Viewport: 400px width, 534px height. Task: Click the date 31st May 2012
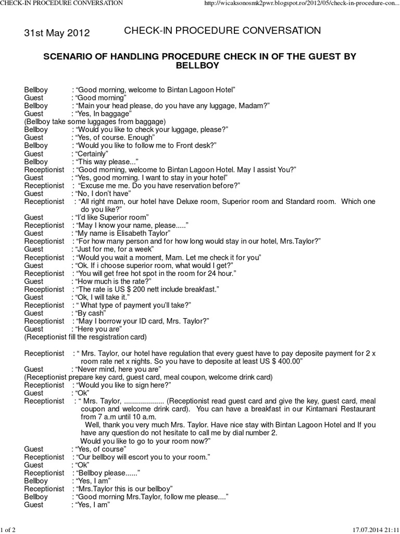(57, 33)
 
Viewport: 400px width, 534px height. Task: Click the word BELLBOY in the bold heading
(200, 66)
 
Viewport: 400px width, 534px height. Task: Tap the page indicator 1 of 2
(9, 530)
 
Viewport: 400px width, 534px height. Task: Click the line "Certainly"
(92, 154)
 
